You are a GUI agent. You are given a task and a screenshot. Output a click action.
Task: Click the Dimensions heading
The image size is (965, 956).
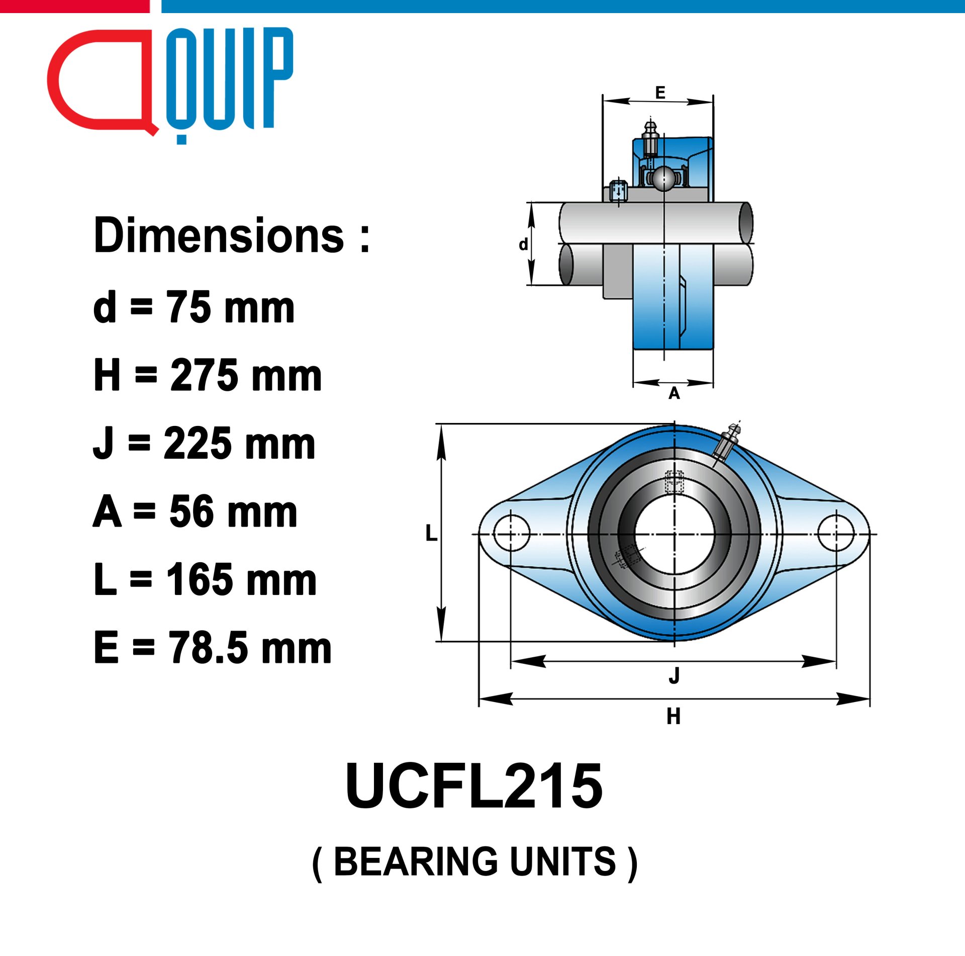(232, 235)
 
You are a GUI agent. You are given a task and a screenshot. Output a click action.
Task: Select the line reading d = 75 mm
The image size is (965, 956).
(194, 306)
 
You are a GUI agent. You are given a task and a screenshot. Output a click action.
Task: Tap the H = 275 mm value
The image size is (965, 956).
(208, 375)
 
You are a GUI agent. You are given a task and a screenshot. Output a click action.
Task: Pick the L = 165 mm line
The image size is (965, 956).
(205, 579)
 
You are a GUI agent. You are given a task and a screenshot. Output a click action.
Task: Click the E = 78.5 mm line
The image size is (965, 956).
(212, 648)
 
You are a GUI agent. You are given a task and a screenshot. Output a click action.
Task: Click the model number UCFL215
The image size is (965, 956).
(474, 786)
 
